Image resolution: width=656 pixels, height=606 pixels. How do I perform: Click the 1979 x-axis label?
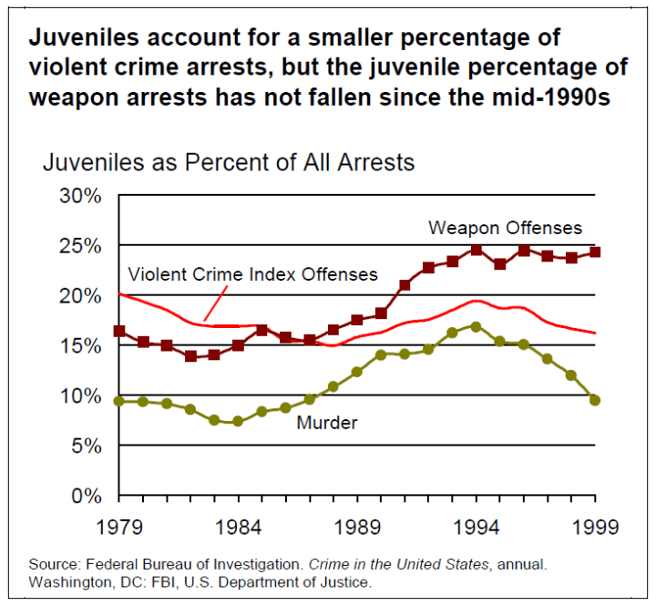[x=118, y=528]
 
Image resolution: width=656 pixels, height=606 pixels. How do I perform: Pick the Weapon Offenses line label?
[x=505, y=228]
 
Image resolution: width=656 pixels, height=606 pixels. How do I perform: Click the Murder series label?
[x=326, y=423]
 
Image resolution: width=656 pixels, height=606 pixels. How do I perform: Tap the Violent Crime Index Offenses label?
[x=253, y=274]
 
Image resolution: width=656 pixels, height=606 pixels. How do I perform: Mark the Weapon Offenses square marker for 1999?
[x=595, y=252]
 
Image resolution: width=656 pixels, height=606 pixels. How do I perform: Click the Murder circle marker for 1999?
[x=595, y=400]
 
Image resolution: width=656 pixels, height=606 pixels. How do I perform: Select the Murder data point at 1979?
[x=119, y=401]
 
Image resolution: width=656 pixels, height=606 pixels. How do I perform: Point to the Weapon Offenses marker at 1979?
[x=119, y=331]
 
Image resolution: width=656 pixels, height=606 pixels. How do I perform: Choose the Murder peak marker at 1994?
[x=476, y=326]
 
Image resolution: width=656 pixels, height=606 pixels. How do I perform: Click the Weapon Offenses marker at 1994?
[x=476, y=249]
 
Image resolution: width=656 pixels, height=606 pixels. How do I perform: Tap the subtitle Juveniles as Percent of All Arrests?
[x=229, y=162]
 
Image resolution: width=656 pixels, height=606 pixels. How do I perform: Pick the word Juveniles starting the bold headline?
[x=83, y=39]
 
